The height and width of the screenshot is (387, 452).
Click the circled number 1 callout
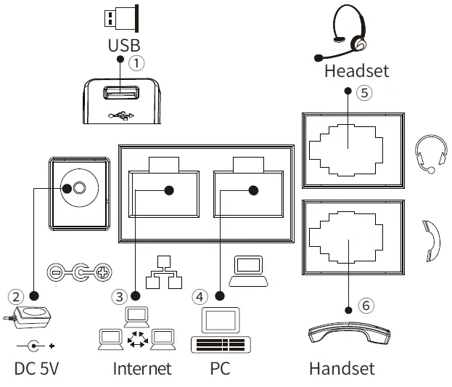tap(136, 63)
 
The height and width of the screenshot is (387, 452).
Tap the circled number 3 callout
tap(119, 296)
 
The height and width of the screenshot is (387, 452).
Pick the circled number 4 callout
tap(200, 296)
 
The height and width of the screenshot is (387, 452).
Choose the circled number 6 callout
tap(366, 306)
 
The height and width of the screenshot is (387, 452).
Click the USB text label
tap(123, 45)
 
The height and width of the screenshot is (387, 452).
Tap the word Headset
tap(356, 70)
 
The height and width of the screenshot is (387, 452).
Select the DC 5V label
tap(36, 368)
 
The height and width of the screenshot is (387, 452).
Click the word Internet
tap(142, 368)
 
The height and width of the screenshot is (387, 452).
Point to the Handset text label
tap(342, 368)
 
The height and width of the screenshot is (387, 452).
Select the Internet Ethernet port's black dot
tap(168, 191)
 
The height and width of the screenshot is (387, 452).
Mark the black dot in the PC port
tap(252, 191)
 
